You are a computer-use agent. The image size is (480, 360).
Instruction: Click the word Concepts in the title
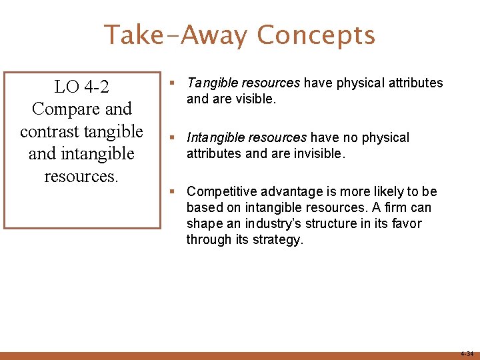(x=316, y=35)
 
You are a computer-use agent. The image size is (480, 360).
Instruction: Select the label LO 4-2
(x=82, y=87)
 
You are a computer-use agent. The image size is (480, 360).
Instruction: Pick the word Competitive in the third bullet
(x=218, y=192)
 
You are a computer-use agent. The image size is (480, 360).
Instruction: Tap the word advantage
(x=282, y=192)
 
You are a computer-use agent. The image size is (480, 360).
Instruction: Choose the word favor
(x=405, y=224)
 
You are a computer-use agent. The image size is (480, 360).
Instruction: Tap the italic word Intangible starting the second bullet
(x=213, y=138)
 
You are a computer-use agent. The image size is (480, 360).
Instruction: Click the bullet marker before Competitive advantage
(x=173, y=192)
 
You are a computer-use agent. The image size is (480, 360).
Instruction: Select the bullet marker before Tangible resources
(x=173, y=83)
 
